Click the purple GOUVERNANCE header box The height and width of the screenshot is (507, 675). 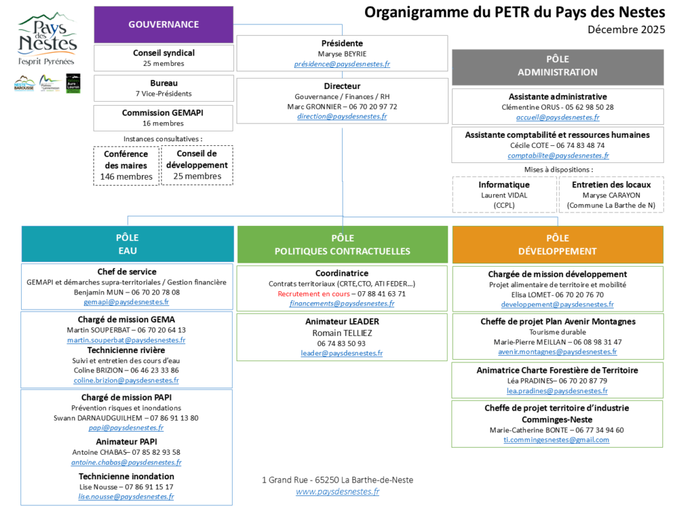click(x=163, y=24)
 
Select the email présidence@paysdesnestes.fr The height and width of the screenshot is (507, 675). click(x=342, y=64)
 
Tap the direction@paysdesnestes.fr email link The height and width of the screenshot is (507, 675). click(x=342, y=116)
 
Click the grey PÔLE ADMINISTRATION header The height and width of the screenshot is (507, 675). click(x=557, y=66)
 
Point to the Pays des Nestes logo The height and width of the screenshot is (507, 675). click(x=47, y=41)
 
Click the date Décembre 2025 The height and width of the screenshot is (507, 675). click(x=626, y=30)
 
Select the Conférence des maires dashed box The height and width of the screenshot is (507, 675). click(x=126, y=165)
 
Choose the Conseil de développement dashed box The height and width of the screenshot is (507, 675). click(x=196, y=165)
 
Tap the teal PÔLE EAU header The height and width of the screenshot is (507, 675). click(x=127, y=244)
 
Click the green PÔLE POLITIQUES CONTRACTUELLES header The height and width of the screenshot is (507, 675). click(x=342, y=244)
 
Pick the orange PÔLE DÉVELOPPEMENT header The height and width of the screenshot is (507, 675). click(x=557, y=244)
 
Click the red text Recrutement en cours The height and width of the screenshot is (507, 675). click(x=313, y=294)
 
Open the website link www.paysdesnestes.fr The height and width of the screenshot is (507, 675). click(x=337, y=492)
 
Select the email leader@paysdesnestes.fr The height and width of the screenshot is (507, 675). click(x=341, y=353)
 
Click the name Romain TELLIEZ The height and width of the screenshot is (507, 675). click(x=341, y=333)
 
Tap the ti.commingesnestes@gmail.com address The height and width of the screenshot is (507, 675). click(x=556, y=440)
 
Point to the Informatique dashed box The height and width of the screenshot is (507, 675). click(x=504, y=195)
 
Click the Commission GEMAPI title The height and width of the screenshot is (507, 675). click(x=163, y=113)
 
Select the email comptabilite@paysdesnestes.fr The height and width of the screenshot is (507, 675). click(x=558, y=156)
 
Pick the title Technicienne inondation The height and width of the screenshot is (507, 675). click(x=127, y=476)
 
